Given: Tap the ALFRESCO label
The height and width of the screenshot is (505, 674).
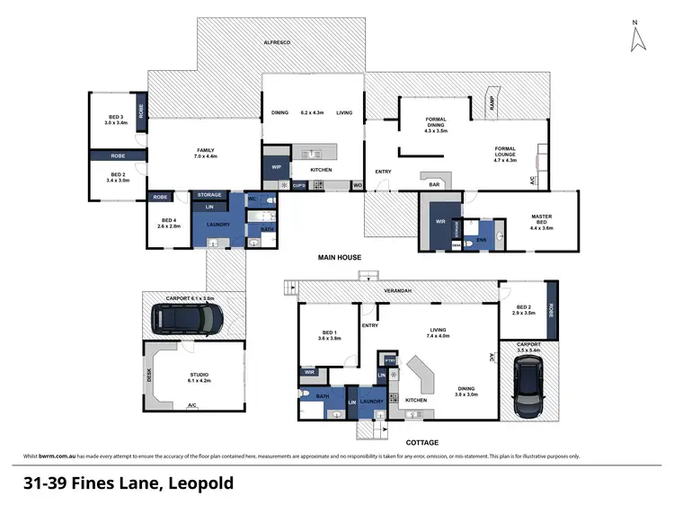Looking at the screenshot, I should tap(279, 42).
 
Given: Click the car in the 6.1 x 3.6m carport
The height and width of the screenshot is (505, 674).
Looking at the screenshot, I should tap(189, 316).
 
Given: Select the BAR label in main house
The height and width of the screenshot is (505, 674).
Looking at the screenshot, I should tap(436, 184).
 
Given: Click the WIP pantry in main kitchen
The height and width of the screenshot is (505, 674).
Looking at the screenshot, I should tap(275, 167).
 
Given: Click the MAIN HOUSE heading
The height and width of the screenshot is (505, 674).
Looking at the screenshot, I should tap(339, 258).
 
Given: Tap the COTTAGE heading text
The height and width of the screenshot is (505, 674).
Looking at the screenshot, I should tap(421, 442).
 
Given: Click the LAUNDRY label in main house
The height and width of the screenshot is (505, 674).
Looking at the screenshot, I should tap(218, 225).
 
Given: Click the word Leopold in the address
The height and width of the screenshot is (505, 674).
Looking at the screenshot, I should tap(199, 483).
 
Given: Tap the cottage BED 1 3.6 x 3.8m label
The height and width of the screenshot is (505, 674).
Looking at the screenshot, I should tap(329, 334).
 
